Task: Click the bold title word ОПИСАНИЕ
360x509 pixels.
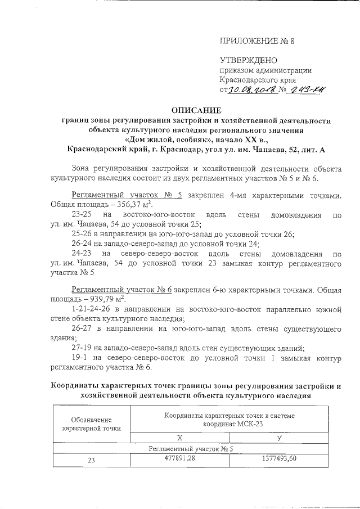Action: [195, 110]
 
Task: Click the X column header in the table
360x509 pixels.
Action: [179, 437]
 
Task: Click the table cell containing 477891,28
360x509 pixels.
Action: [179, 459]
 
